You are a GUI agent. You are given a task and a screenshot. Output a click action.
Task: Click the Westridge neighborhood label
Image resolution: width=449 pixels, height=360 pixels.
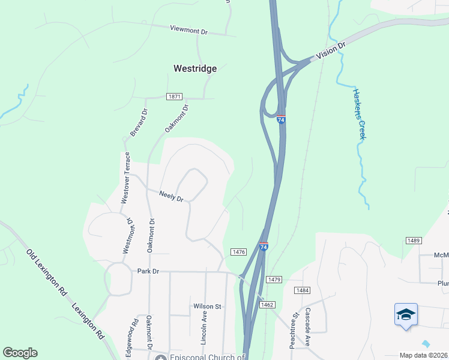click(x=195, y=68)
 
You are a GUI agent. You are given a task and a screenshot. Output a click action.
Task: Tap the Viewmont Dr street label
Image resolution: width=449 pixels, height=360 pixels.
click(x=188, y=29)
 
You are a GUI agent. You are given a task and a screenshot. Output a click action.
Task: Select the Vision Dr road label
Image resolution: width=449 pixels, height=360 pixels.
click(x=331, y=50)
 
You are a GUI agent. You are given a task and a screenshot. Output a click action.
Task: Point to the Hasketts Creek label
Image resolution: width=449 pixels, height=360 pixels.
click(x=359, y=114)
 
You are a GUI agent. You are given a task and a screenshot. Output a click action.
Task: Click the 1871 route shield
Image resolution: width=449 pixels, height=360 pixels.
click(x=175, y=97)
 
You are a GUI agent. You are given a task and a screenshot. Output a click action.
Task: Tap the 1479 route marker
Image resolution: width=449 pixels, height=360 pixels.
click(x=274, y=280)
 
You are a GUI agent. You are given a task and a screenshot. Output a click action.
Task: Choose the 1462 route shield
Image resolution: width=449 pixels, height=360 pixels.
click(x=268, y=305)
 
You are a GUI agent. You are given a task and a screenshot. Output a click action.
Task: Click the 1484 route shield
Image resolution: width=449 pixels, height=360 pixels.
click(x=302, y=290)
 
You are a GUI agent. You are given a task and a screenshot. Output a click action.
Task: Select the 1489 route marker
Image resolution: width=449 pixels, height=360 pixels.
click(x=414, y=241)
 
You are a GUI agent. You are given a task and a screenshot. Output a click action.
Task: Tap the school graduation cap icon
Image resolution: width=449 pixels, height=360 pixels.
click(x=406, y=315)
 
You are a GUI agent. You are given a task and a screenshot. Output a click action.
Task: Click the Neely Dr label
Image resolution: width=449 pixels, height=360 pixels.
click(x=171, y=195)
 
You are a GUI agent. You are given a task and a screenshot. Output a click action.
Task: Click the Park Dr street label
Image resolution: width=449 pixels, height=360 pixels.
click(x=148, y=271)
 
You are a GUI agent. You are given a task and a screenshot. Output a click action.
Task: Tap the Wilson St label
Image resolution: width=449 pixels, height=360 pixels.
click(x=207, y=306)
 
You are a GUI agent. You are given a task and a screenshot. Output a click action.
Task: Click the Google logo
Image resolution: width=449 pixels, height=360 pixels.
click(x=20, y=353)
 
